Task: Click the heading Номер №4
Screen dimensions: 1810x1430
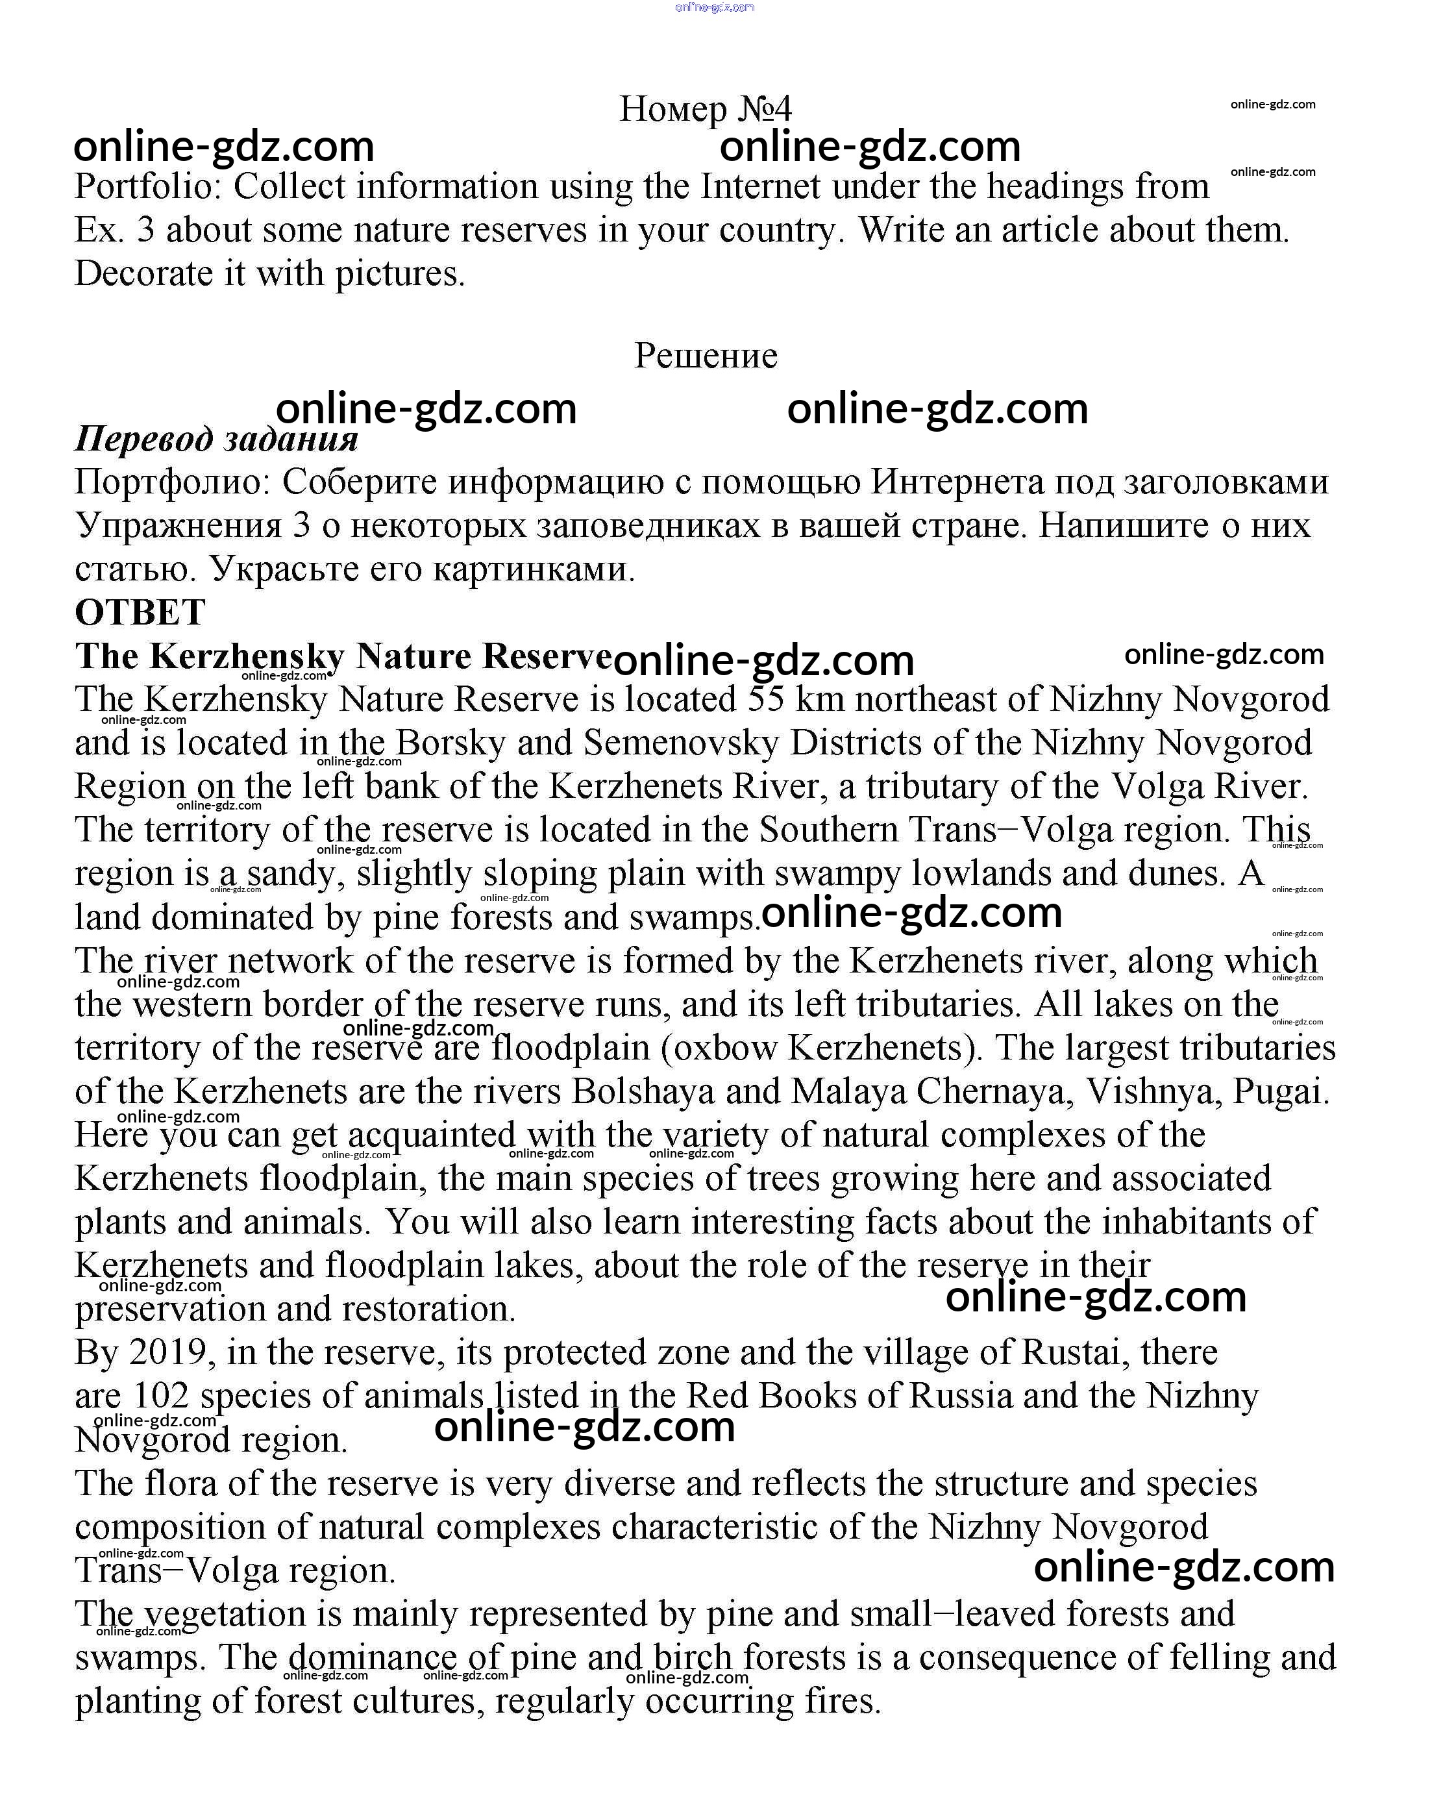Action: [x=705, y=109]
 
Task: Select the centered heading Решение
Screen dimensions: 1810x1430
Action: [x=705, y=356]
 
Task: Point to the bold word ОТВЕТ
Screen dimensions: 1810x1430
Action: [x=140, y=612]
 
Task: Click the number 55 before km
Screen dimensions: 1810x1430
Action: [x=766, y=699]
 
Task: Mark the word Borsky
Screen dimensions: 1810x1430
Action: [x=450, y=743]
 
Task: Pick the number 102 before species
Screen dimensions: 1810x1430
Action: [x=161, y=1396]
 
